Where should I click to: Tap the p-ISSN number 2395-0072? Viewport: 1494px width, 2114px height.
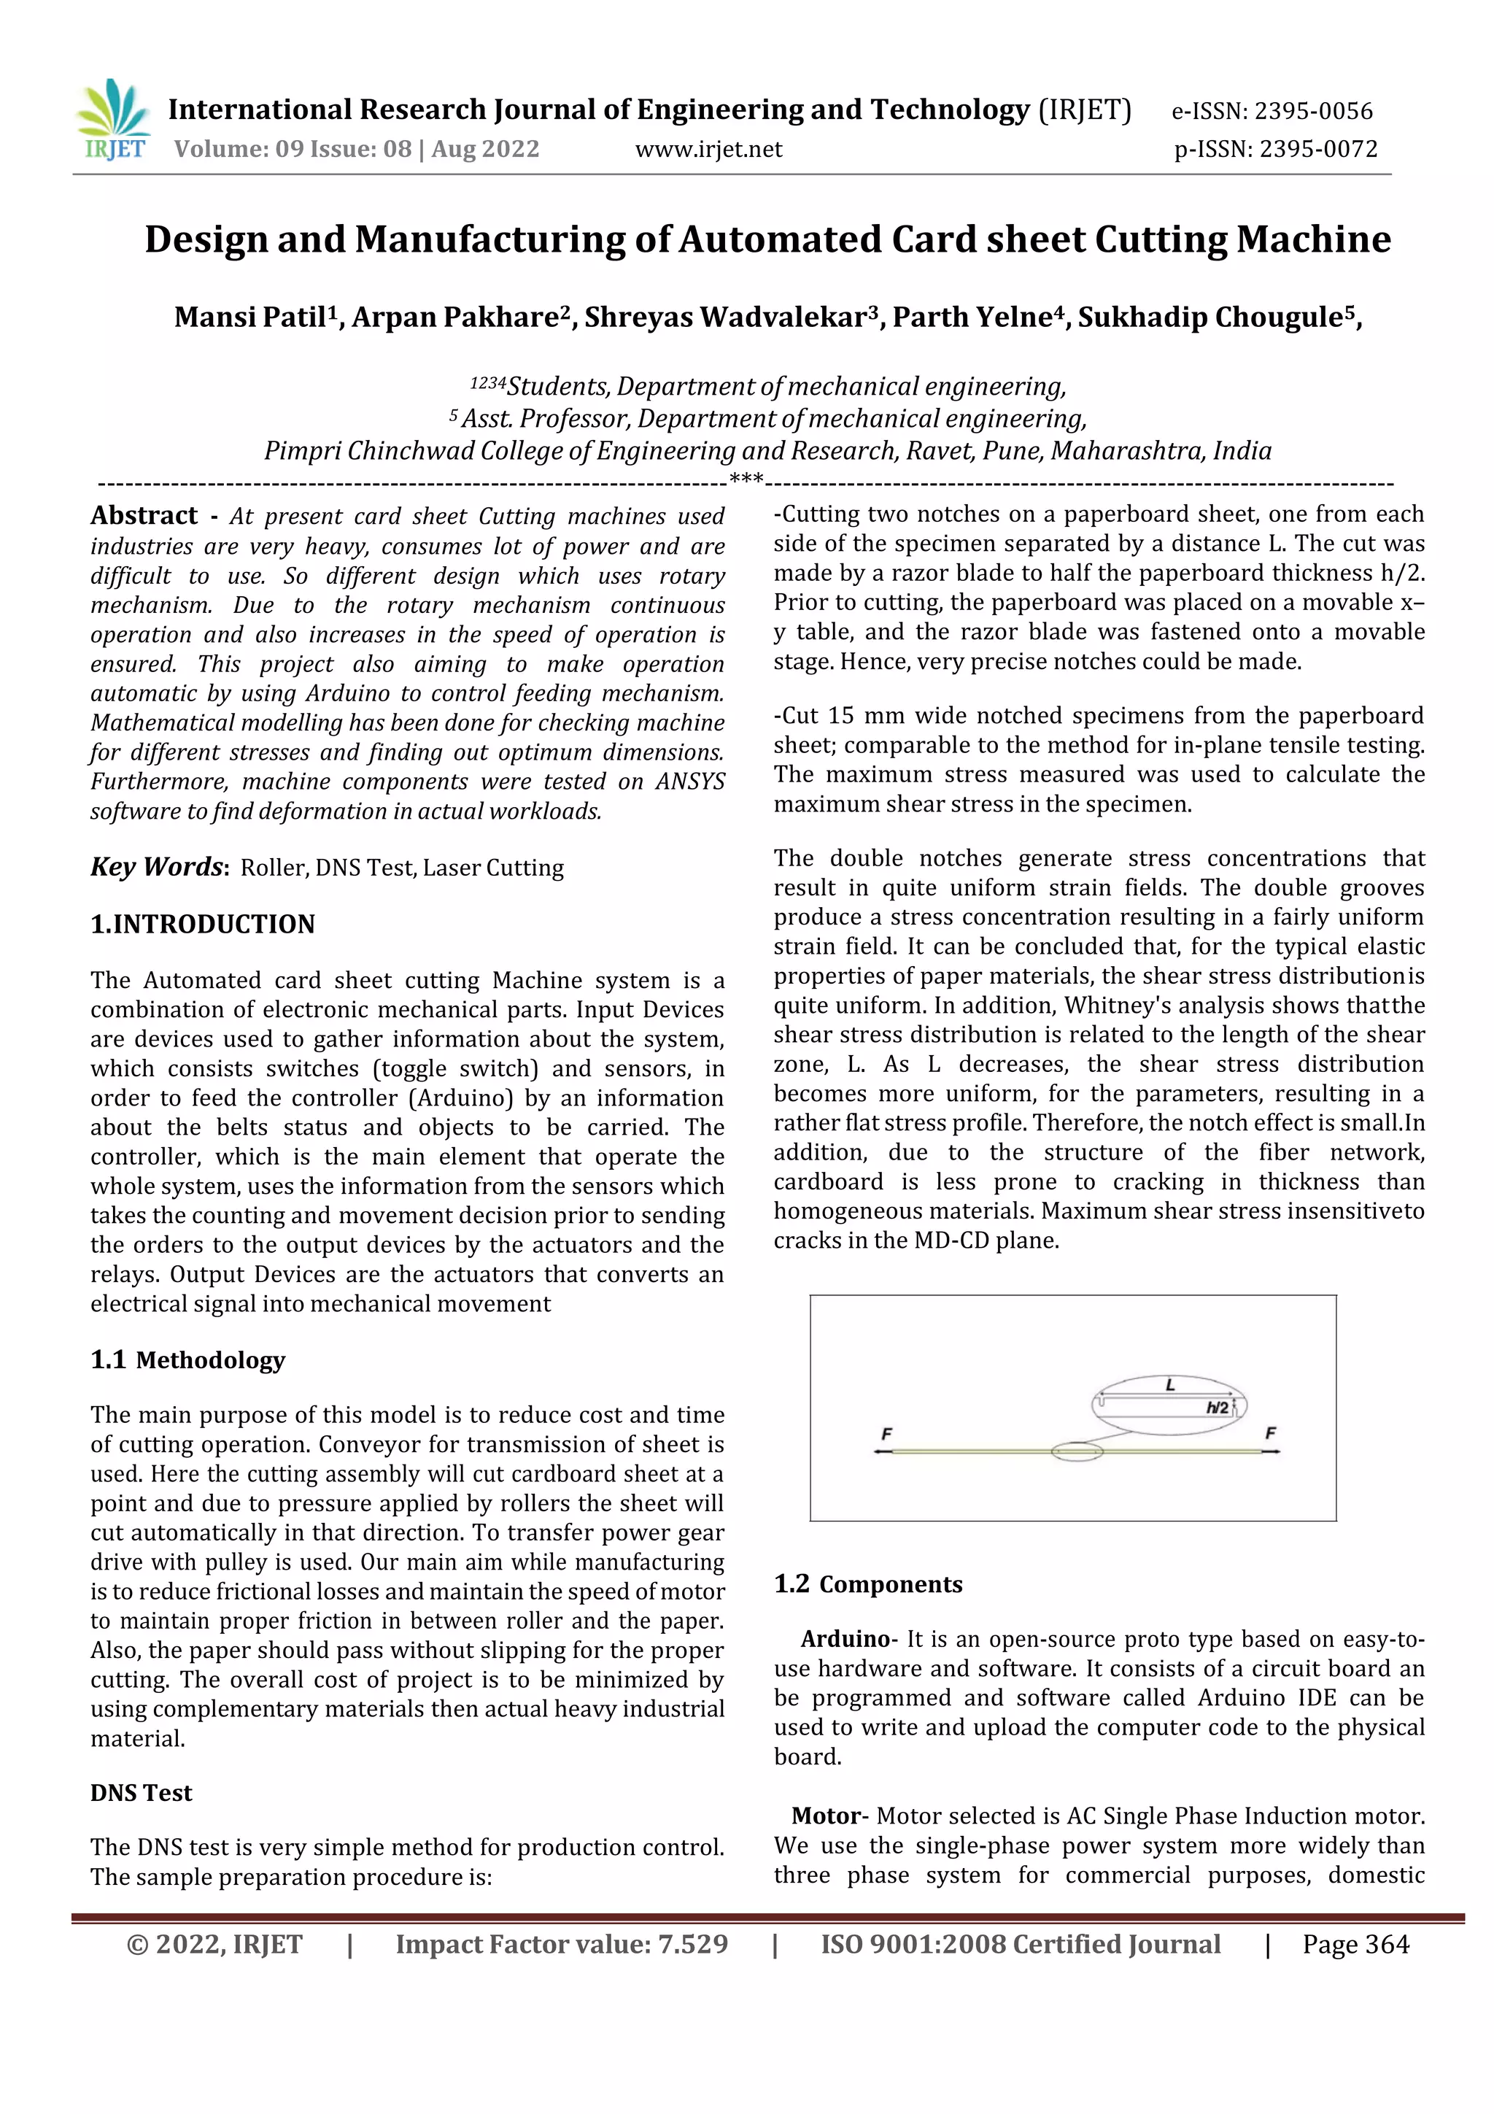[1318, 149]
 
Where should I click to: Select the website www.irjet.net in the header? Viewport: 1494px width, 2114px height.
[709, 149]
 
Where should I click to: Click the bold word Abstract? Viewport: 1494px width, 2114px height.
[144, 516]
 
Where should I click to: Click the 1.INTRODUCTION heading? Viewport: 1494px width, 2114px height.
[203, 925]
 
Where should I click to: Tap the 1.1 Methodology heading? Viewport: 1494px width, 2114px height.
[187, 1360]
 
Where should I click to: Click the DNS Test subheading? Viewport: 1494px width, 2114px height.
[141, 1793]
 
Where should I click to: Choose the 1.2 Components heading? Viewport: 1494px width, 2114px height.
[868, 1584]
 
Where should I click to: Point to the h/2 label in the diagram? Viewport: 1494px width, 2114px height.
[1217, 1408]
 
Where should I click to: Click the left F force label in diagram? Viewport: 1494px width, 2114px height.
[886, 1434]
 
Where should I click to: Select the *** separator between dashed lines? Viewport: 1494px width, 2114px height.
[746, 479]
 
